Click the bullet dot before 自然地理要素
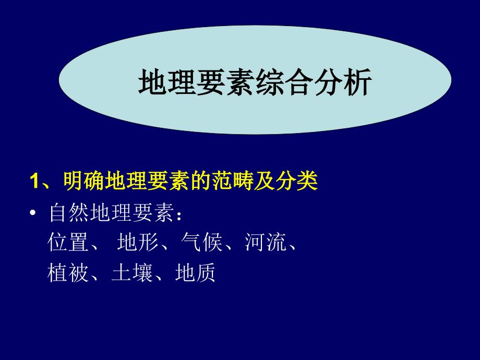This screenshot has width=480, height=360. tap(34, 215)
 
